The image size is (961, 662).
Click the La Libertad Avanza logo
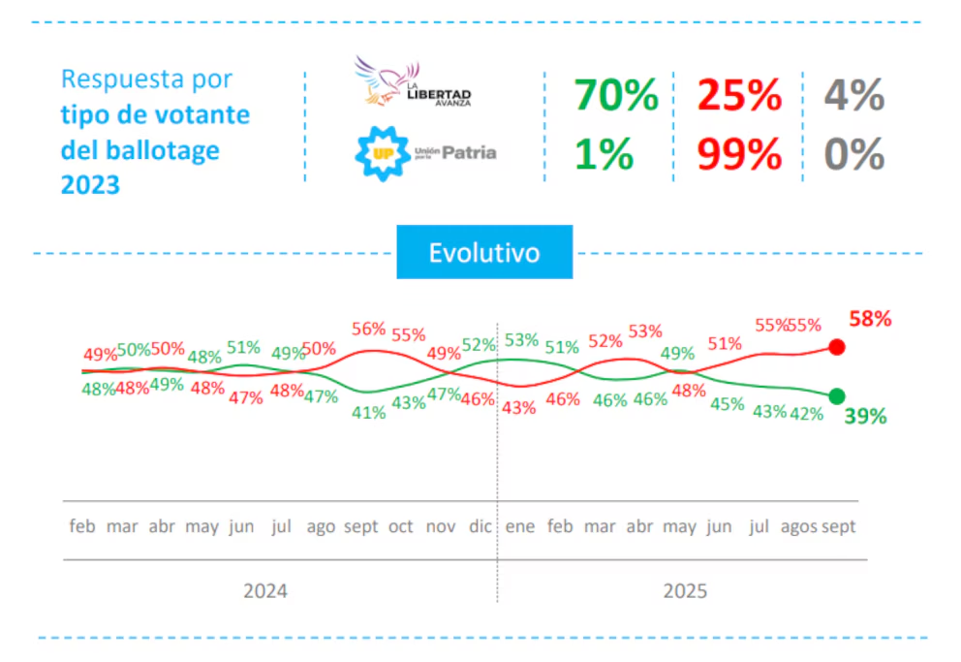tap(413, 81)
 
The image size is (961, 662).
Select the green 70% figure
tap(616, 95)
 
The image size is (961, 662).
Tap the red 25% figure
tap(739, 95)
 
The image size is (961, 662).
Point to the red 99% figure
tap(739, 154)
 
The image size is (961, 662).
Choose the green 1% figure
tap(604, 154)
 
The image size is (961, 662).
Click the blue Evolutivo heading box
tap(484, 252)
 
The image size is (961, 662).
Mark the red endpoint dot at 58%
tap(838, 347)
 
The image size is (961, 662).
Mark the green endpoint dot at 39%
tap(837, 395)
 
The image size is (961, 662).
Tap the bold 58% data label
tap(870, 319)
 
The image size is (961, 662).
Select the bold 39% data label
tap(865, 417)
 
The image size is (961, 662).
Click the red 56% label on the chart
tap(369, 330)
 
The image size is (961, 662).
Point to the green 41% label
tap(369, 411)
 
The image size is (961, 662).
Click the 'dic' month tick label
tap(480, 526)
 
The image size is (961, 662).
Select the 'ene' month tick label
tap(520, 526)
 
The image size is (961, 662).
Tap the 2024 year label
tap(265, 590)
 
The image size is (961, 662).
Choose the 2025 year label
tap(685, 590)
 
